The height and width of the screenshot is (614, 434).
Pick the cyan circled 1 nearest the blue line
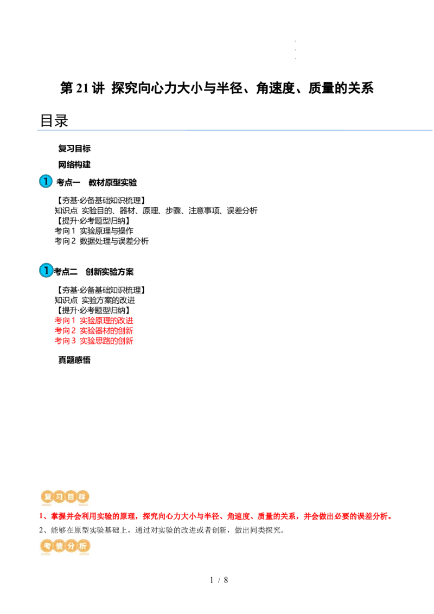(x=46, y=181)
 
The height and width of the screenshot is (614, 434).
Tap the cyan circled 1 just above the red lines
(x=46, y=270)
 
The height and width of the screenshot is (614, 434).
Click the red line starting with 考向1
(x=93, y=319)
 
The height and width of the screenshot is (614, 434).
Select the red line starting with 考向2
(x=93, y=330)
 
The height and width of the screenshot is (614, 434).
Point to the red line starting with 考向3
(x=93, y=341)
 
